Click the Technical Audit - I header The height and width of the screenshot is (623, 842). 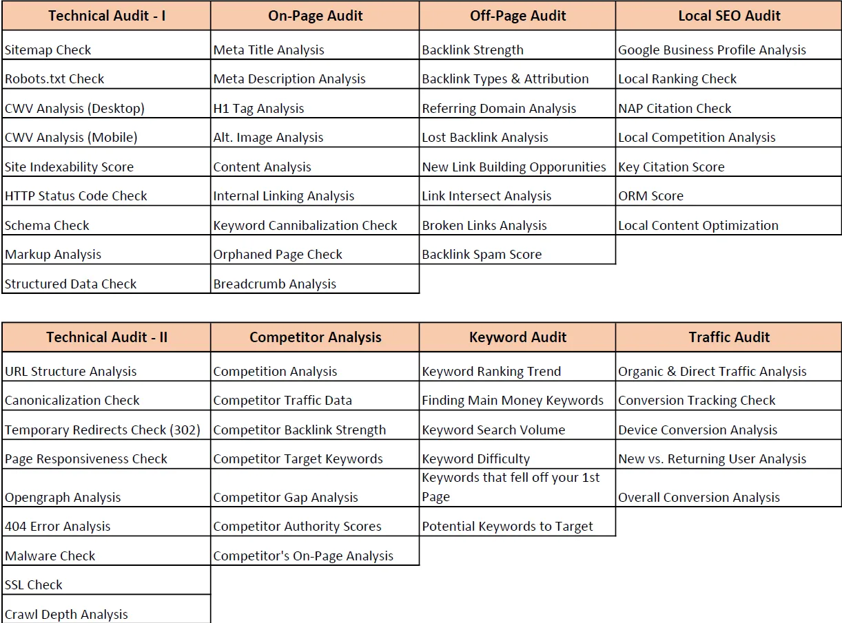(x=107, y=16)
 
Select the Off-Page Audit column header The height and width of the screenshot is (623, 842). (x=517, y=16)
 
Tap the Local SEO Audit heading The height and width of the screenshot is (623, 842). (x=729, y=16)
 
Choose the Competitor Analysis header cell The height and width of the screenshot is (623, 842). (x=315, y=337)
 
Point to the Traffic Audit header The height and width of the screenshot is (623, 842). (x=729, y=337)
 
